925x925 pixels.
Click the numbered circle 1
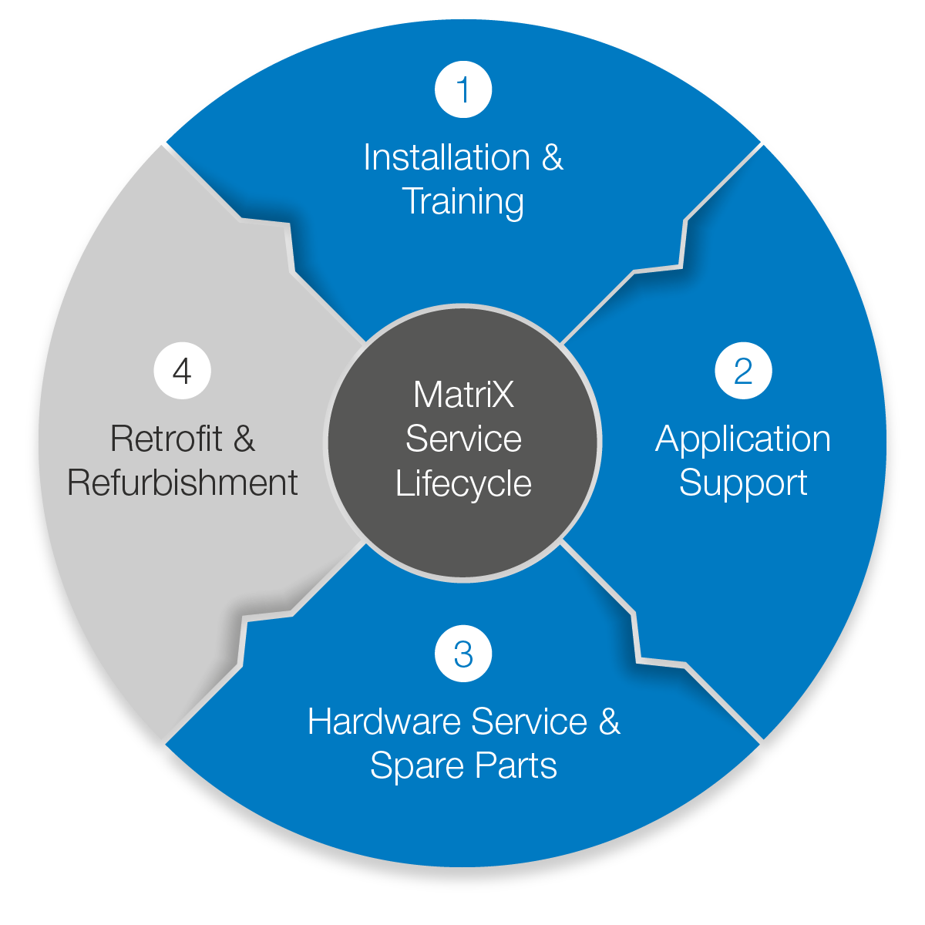click(x=463, y=89)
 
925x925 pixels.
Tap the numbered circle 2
click(x=743, y=371)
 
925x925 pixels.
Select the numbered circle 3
click(x=463, y=654)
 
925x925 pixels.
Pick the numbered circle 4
click(x=183, y=371)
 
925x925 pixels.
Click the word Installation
click(x=446, y=158)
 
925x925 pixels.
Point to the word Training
click(x=463, y=202)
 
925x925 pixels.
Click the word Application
click(x=743, y=439)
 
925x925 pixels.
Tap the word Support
click(x=743, y=483)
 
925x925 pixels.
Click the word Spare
click(x=418, y=766)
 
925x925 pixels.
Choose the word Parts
click(x=516, y=766)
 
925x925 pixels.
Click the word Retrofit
click(x=166, y=439)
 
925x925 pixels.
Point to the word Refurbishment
click(x=183, y=483)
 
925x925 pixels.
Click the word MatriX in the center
click(x=463, y=395)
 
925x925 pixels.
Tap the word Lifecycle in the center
click(x=463, y=484)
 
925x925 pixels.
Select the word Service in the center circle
click(x=463, y=439)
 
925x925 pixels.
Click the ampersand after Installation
click(x=553, y=158)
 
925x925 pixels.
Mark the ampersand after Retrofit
click(x=244, y=439)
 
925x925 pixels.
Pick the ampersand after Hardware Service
click(x=609, y=722)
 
